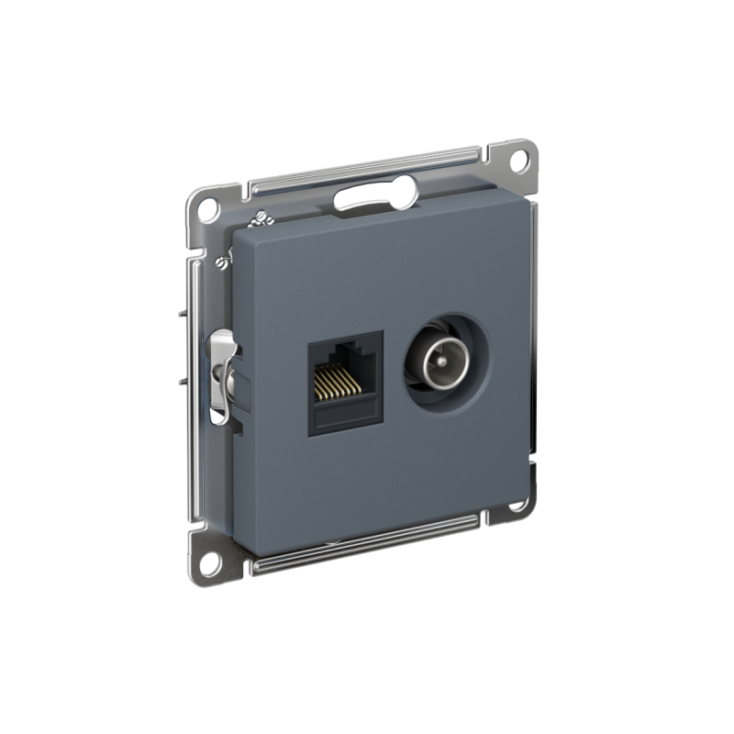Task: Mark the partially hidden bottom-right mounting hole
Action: (x=518, y=504)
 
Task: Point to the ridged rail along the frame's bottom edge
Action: (x=367, y=540)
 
